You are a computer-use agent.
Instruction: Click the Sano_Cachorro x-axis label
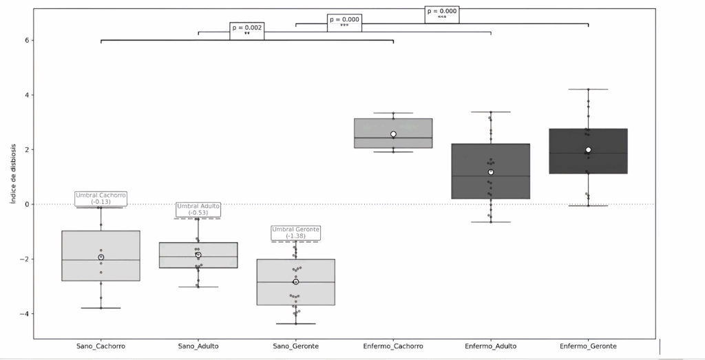coord(101,346)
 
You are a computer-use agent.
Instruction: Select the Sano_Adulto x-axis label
coord(198,346)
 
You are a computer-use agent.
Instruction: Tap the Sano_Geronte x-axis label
coord(295,346)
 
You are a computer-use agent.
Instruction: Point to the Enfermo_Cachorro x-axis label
coord(393,346)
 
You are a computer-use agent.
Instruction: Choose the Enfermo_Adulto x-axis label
coord(490,346)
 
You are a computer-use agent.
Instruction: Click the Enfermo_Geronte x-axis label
coord(588,346)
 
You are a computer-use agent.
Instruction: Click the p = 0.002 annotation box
coord(247,30)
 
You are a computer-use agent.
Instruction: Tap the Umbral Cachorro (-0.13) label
coord(101,198)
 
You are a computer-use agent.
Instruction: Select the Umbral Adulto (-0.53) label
coord(198,209)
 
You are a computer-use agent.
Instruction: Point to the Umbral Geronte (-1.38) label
coord(295,233)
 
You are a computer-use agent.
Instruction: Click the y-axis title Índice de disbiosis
coord(12,173)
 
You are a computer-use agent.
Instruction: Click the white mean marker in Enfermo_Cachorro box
coord(393,134)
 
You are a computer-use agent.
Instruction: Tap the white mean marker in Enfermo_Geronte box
coord(588,150)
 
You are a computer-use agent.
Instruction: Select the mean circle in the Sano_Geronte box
coord(295,282)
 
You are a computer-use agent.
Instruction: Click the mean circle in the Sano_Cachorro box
coord(101,257)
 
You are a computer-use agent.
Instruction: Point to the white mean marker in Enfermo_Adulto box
coord(490,172)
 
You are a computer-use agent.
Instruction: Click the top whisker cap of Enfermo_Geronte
coord(588,89)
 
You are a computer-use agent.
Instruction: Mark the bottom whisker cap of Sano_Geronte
coord(295,324)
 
